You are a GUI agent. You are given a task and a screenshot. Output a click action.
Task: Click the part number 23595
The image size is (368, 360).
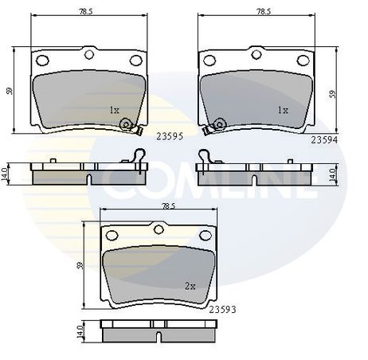[170, 136]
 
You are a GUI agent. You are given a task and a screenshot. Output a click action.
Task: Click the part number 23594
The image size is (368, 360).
[324, 139]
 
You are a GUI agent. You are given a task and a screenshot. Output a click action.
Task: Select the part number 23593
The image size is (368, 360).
[222, 309]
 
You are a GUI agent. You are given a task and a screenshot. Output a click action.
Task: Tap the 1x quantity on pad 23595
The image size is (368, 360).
[115, 110]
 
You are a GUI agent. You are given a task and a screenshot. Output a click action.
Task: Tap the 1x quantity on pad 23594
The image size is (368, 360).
[283, 110]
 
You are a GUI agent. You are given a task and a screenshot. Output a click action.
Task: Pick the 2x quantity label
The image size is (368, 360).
[190, 286]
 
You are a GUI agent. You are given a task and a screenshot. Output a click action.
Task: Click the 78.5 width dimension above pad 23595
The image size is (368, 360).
[85, 12]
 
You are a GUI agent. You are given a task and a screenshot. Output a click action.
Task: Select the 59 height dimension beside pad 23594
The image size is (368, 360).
[332, 95]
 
